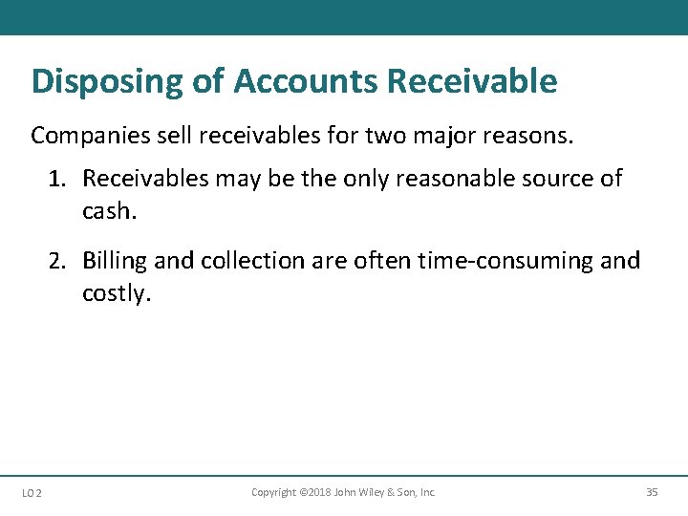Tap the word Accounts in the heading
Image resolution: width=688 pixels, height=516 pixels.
pyautogui.click(x=305, y=81)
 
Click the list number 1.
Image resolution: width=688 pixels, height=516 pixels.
pyautogui.click(x=57, y=179)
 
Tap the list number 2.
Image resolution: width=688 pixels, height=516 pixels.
pyautogui.click(x=57, y=261)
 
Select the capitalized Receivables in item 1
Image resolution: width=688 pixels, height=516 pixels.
pyautogui.click(x=141, y=179)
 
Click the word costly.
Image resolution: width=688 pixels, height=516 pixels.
pyautogui.click(x=114, y=293)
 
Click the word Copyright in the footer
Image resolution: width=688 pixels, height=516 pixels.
pyautogui.click(x=274, y=492)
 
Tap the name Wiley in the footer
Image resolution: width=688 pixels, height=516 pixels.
pyautogui.click(x=376, y=492)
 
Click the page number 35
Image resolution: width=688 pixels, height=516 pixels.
pyautogui.click(x=652, y=492)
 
